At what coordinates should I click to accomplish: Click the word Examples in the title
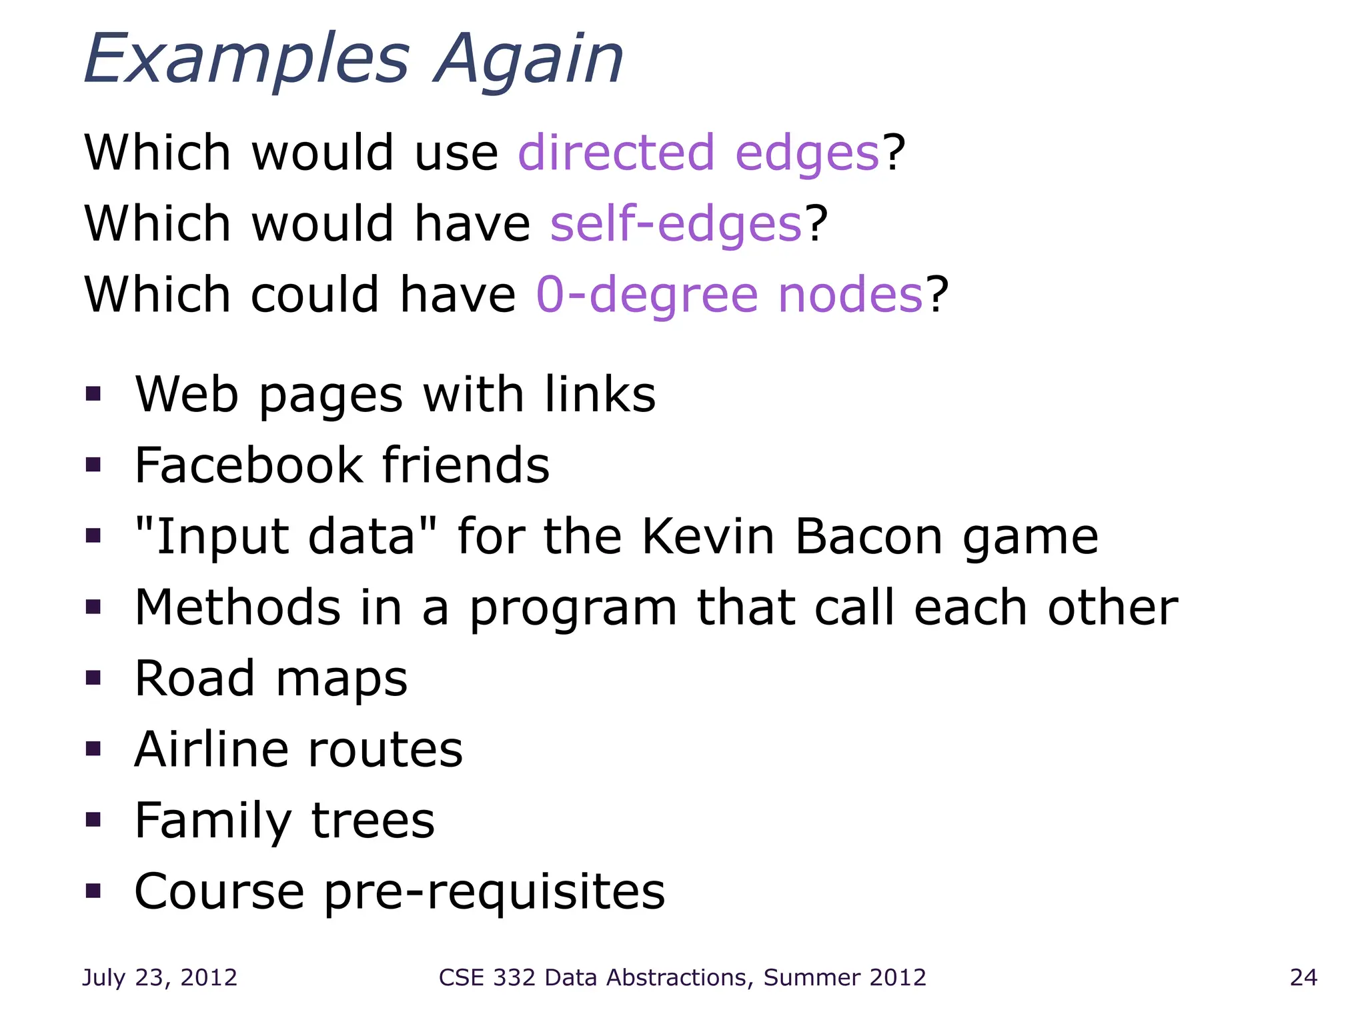click(247, 60)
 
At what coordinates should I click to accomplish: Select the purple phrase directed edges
click(698, 153)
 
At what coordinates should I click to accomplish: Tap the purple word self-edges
click(676, 224)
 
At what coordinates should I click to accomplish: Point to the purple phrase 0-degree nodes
click(730, 295)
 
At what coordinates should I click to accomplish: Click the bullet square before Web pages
click(93, 394)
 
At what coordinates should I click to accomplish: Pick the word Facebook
click(248, 465)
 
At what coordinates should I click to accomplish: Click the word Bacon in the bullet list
click(868, 537)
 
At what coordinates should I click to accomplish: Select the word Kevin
click(708, 537)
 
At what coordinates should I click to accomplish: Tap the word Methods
click(237, 607)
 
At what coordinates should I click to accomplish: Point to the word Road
click(195, 679)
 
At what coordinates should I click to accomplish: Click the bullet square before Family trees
click(93, 819)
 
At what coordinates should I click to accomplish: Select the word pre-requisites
click(494, 892)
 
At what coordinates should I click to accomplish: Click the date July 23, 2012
click(159, 977)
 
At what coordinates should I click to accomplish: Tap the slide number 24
click(1303, 977)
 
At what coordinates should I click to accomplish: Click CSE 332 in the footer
click(487, 977)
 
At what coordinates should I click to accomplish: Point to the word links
click(600, 394)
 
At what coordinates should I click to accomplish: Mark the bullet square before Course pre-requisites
click(93, 891)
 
